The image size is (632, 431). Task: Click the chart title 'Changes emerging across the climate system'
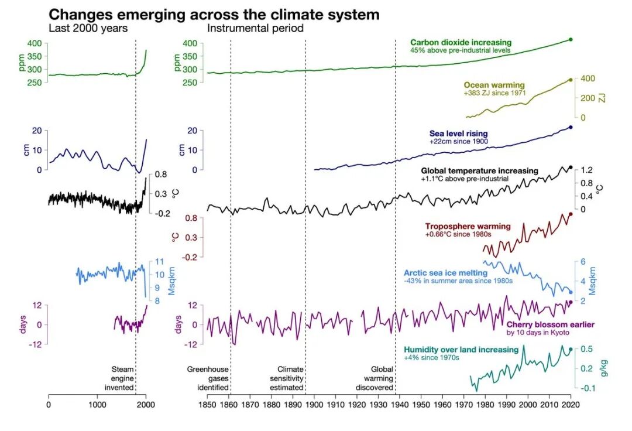pos(214,15)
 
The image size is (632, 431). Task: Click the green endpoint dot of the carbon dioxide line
pos(571,39)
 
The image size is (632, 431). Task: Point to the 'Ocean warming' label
pos(494,85)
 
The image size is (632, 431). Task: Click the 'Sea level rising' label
pos(458,134)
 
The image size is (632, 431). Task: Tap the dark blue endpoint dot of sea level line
pos(571,127)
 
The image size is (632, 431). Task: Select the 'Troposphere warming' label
pos(468,227)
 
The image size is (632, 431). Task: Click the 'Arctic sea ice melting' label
pos(445,273)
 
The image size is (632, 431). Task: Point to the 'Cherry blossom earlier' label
pos(542,324)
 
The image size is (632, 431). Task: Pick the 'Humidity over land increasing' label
pos(461,350)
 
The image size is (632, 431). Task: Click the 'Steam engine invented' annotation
pos(123,378)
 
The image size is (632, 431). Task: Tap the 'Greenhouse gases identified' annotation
pos(208,378)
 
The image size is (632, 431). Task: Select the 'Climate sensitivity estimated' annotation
pos(290,378)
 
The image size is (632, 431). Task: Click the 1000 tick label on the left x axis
pos(97,404)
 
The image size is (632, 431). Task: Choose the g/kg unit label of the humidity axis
pos(604,368)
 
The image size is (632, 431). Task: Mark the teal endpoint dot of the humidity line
pos(571,350)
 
